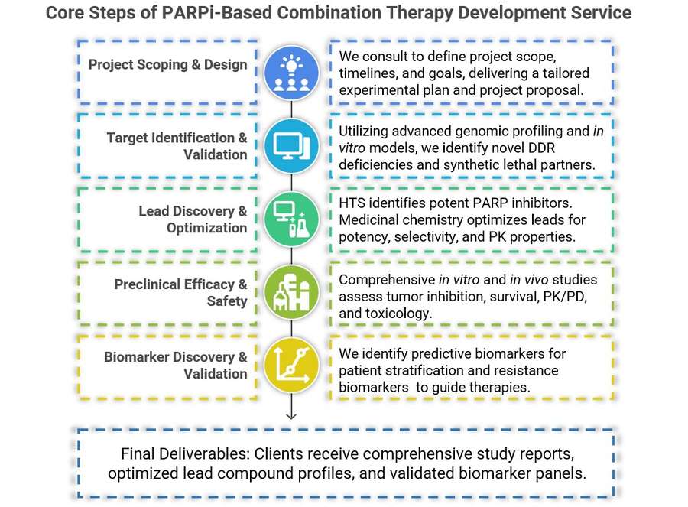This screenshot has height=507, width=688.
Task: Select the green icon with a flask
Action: pos(290,219)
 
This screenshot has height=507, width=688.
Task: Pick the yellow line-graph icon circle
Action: pos(290,365)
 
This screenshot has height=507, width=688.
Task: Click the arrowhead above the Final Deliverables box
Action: pos(291,415)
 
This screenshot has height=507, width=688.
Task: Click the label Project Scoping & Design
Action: pos(167,64)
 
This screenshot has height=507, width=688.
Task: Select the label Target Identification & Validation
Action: pos(177,146)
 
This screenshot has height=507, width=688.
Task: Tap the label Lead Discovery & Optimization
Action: pos(193,219)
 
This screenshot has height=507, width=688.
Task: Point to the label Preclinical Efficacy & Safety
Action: pos(180,293)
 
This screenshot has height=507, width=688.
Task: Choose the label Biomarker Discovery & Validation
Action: pos(175,366)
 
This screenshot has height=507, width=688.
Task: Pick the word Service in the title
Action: pos(603,14)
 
